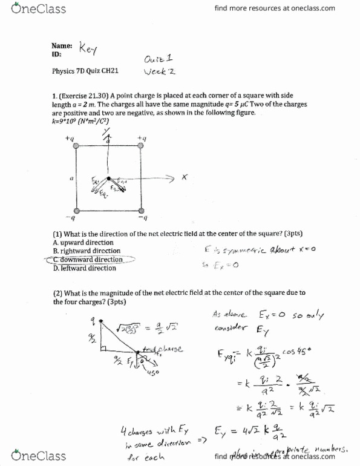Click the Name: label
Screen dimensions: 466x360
pos(62,45)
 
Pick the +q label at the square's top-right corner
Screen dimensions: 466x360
pos(143,139)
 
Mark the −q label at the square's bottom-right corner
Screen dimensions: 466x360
pos(143,218)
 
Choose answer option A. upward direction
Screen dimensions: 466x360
pos(83,243)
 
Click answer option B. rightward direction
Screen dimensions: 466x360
pos(87,251)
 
